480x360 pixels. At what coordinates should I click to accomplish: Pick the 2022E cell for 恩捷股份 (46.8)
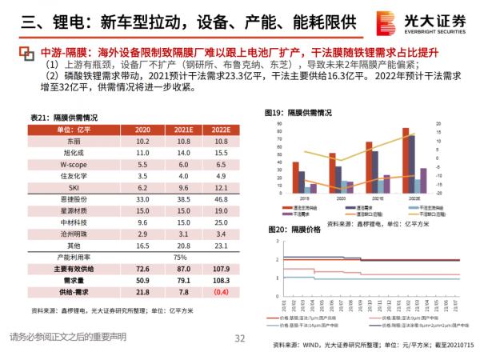[221, 197]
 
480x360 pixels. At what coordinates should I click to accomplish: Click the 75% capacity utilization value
[182, 257]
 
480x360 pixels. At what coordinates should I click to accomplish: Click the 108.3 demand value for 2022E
[221, 281]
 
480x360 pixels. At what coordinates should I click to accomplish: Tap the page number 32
[239, 338]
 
